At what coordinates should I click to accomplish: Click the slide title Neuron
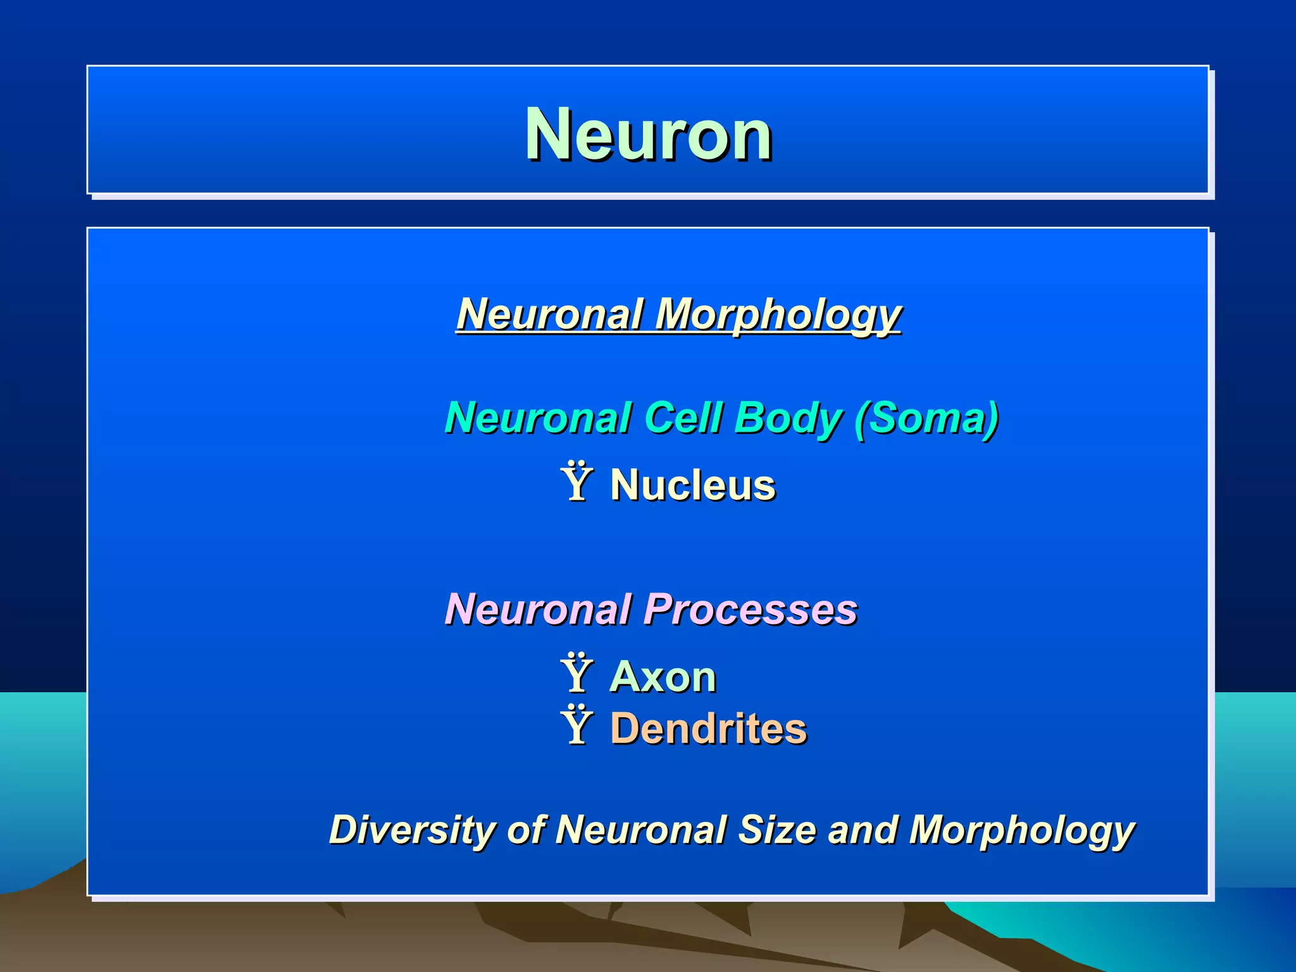tap(648, 134)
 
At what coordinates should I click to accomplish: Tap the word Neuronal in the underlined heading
tap(550, 315)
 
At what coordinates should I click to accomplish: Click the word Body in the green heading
tap(788, 418)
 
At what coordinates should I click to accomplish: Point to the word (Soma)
tap(926, 418)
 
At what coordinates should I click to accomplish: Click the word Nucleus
tap(693, 485)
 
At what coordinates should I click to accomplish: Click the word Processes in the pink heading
tap(751, 609)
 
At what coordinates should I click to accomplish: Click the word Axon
tap(663, 677)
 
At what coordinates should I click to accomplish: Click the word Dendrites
tap(709, 728)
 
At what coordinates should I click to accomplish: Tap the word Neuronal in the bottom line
tap(641, 830)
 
